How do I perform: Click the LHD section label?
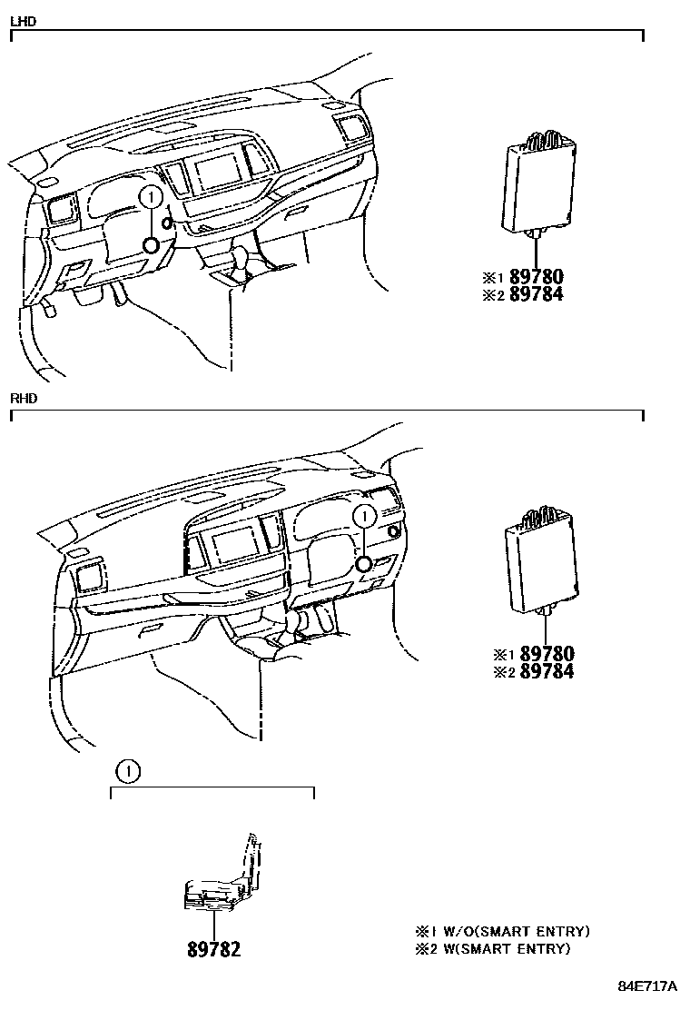click(23, 21)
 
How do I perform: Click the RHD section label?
click(23, 399)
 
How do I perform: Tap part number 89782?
click(214, 949)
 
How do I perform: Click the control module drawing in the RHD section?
click(545, 563)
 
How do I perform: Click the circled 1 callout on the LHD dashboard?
click(151, 197)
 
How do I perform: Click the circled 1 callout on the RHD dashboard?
click(364, 516)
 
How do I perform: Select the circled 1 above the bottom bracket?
click(128, 772)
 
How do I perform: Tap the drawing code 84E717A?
click(649, 986)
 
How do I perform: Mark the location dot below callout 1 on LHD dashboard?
click(151, 244)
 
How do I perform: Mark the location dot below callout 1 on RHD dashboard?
click(364, 564)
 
